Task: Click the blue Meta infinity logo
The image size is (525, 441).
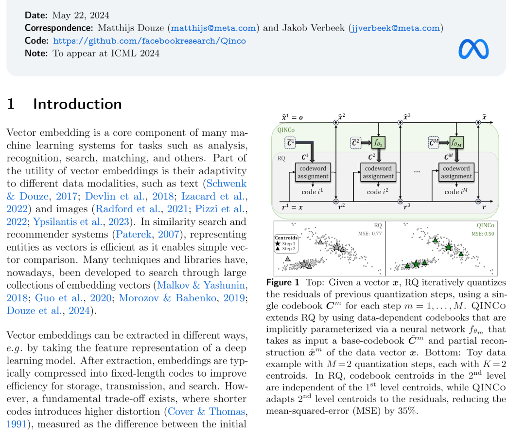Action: coord(473,49)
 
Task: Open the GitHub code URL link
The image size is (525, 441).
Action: coord(149,41)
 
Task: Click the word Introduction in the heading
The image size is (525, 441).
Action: coord(77,104)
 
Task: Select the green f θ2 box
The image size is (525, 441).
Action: coord(378,143)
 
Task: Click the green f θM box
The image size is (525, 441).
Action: coord(457,143)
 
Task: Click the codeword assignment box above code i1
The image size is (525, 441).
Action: coord(313,172)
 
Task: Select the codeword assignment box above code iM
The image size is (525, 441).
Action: coord(457,172)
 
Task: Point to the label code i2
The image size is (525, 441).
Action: coord(378,192)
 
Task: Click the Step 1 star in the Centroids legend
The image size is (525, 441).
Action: coord(277,243)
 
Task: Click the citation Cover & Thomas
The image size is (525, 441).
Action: coord(207,411)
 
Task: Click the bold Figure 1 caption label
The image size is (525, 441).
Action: coord(282,282)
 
